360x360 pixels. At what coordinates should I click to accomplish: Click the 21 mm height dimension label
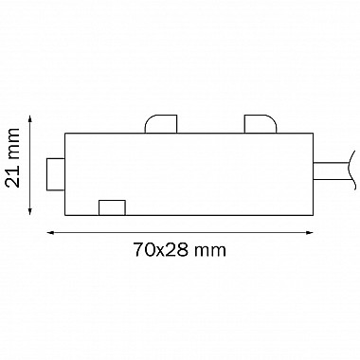(x=13, y=157)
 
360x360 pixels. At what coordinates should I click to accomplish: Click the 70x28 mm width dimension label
(x=179, y=250)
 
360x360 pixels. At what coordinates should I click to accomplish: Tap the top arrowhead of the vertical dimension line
(x=30, y=119)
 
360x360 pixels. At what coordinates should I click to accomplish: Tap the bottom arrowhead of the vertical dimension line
(x=30, y=211)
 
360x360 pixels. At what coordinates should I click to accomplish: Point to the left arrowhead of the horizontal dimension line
(x=51, y=233)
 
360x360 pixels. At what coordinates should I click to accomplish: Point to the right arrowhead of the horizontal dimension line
(x=309, y=233)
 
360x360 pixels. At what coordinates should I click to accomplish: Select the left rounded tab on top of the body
(x=161, y=124)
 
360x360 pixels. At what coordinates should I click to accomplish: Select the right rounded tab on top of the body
(x=261, y=124)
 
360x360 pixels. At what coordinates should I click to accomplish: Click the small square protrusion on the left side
(x=56, y=174)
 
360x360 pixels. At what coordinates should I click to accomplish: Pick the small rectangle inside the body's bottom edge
(x=112, y=207)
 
